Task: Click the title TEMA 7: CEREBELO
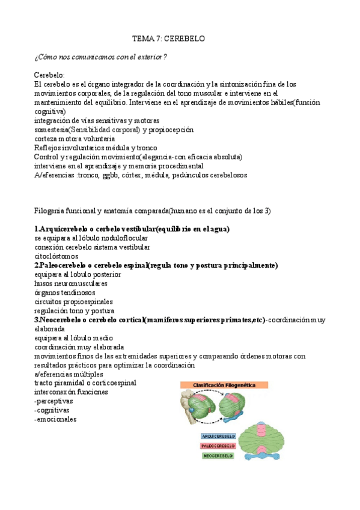[x=169, y=38]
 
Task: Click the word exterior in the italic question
[x=150, y=57]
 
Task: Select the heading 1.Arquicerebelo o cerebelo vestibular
[x=132, y=229]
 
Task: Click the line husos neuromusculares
[x=71, y=283]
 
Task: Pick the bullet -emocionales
[x=56, y=419]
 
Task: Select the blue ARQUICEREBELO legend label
[x=218, y=436]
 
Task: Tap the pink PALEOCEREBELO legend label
[x=218, y=446]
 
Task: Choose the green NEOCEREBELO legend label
[x=218, y=456]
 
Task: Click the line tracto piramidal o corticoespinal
[x=85, y=382]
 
